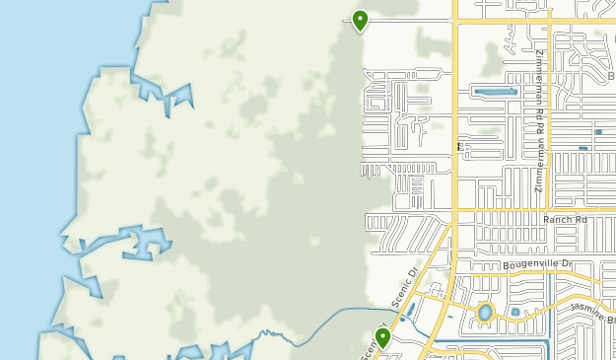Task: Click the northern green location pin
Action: pos(360,20)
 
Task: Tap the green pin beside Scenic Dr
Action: pos(382,337)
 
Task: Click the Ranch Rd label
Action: pos(564,219)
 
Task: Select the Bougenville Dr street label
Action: pos(537,264)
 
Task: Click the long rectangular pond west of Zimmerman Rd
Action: pos(496,92)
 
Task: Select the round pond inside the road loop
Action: pos(485,314)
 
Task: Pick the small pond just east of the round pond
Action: pos(514,313)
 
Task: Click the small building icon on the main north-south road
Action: pos(459,147)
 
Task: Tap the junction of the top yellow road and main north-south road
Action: pos(454,20)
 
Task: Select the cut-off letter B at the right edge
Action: pos(611,76)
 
